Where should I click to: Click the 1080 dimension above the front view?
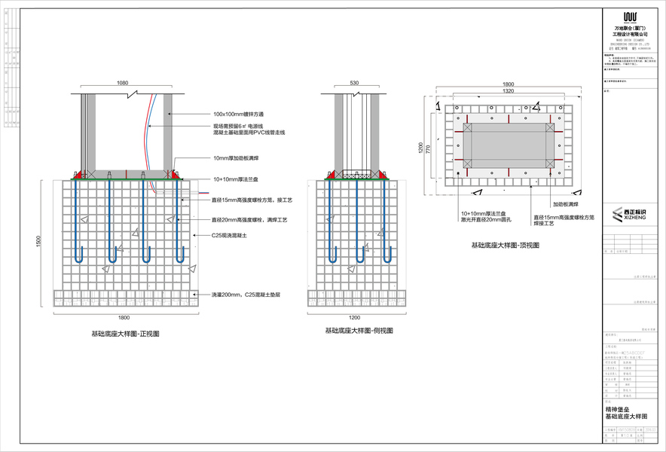(122, 83)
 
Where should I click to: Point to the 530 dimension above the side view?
(355, 83)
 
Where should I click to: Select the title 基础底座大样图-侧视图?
(359, 331)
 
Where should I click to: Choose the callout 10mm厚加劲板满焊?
(237, 159)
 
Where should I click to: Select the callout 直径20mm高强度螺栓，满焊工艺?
(249, 219)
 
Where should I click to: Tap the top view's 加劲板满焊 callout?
(569, 204)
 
